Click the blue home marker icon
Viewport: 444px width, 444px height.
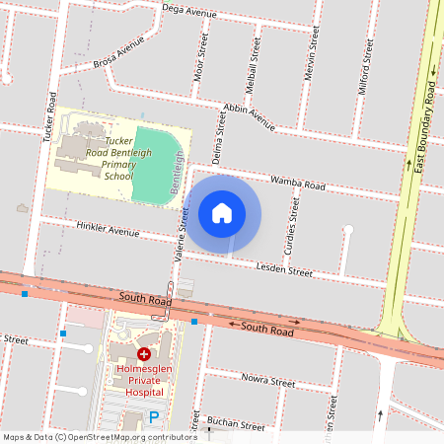(222, 213)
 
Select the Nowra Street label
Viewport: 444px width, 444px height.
(268, 380)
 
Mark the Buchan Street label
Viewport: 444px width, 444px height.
(238, 426)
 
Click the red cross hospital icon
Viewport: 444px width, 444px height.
(144, 353)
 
